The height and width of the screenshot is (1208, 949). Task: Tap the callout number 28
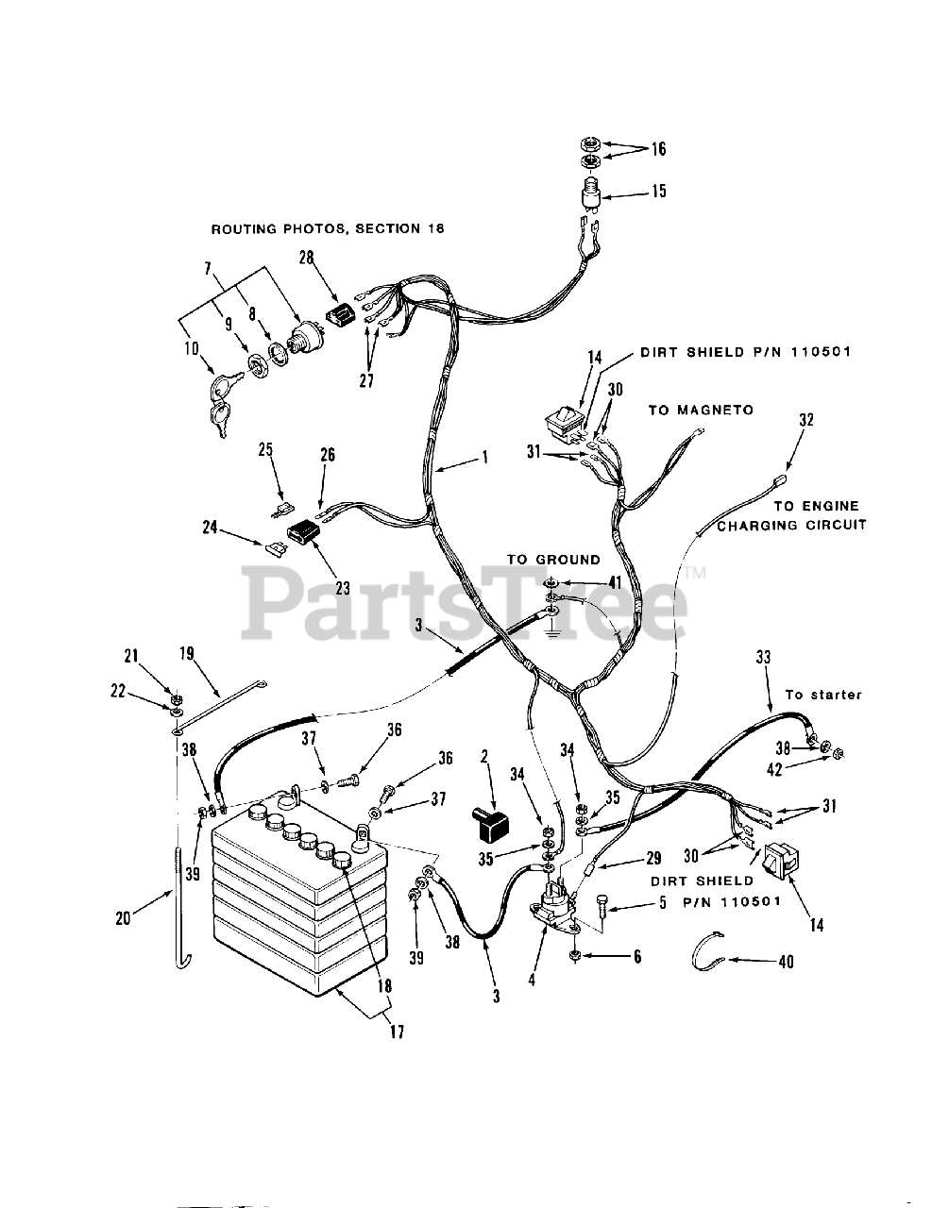[306, 258]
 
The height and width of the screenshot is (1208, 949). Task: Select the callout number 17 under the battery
[396, 1032]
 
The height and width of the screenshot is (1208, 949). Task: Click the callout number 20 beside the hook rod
[123, 915]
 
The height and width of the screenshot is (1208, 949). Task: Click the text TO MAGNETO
[701, 410]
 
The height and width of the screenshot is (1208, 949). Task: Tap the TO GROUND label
[553, 560]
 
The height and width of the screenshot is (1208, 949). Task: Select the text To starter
[823, 695]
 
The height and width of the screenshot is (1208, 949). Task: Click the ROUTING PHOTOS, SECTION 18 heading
[327, 229]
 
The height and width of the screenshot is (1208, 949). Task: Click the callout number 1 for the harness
[484, 457]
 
